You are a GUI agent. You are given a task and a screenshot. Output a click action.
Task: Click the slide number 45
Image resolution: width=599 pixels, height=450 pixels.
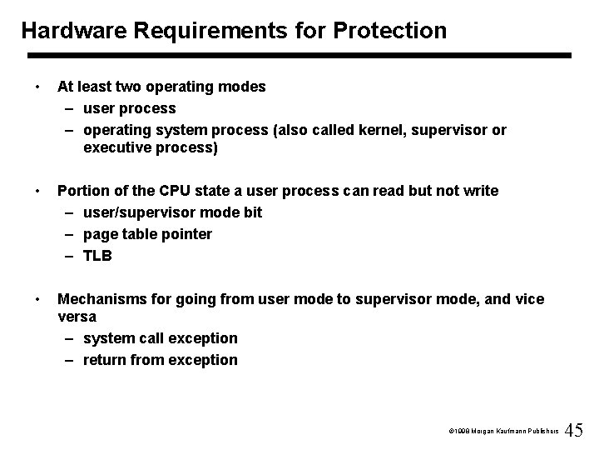pyautogui.click(x=574, y=430)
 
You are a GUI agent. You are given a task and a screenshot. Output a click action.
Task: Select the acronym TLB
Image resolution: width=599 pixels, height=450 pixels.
pyautogui.click(x=98, y=256)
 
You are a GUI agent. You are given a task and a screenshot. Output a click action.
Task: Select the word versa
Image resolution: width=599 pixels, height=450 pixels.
pyautogui.click(x=77, y=317)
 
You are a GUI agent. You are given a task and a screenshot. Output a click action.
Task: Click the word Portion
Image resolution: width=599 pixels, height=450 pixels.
pyautogui.click(x=82, y=191)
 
